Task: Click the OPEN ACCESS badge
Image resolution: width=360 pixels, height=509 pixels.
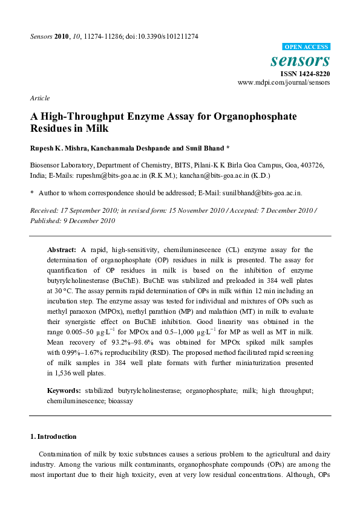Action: pos(306,47)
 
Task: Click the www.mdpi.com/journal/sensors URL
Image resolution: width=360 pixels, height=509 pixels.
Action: pos(284,82)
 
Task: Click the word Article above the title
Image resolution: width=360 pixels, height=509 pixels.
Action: pos(40,98)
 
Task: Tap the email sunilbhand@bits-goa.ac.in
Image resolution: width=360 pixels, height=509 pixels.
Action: pos(262,193)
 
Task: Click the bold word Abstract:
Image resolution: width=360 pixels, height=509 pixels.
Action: pos(62,249)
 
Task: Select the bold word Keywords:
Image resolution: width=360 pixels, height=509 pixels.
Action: pos(64,391)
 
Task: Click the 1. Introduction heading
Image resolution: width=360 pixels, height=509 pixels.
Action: pos(53,436)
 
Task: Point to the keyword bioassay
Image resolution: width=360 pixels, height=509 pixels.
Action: pos(121,400)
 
